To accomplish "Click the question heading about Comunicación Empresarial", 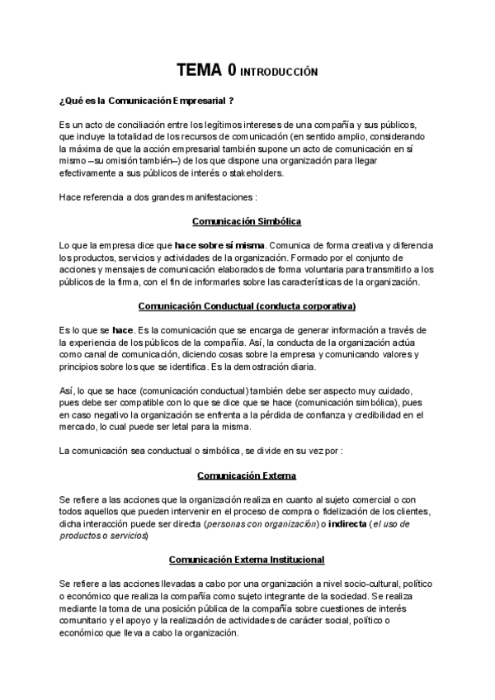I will [146, 101].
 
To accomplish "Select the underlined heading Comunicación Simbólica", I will [247, 221].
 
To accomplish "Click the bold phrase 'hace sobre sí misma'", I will [219, 246].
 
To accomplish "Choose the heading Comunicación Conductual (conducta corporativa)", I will [247, 305].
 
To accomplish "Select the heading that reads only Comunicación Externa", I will [247, 475].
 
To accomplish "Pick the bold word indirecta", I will [339, 524].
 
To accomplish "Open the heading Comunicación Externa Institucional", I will [247, 560].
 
